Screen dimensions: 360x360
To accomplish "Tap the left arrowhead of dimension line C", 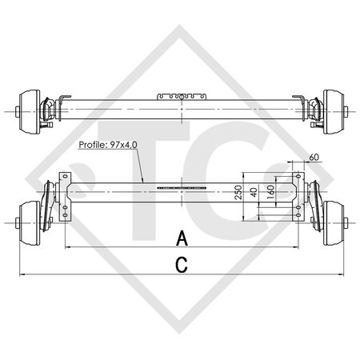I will point(20,275).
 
